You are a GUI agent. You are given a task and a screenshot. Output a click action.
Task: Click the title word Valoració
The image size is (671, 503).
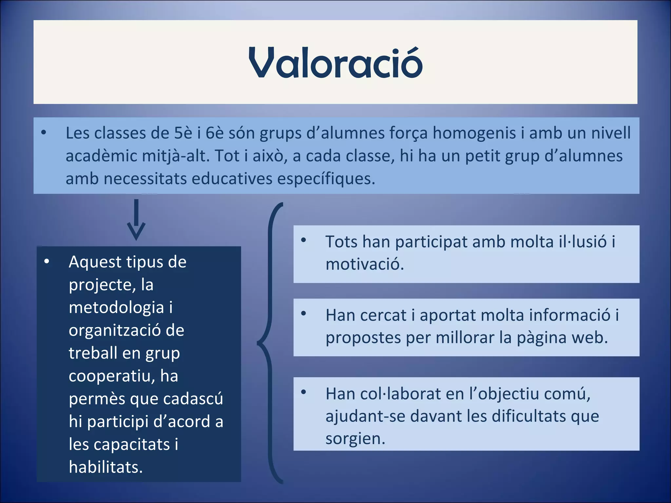click(335, 63)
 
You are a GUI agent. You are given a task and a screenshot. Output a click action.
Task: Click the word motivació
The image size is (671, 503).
click(365, 264)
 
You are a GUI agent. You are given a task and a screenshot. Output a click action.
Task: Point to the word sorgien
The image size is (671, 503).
click(355, 438)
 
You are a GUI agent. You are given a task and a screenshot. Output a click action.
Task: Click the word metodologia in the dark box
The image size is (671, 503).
click(116, 307)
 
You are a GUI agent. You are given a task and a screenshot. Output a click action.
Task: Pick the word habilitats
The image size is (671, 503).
click(105, 467)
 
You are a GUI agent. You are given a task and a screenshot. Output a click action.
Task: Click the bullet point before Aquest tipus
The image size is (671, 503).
click(47, 261)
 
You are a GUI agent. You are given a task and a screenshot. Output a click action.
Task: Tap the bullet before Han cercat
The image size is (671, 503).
click(303, 314)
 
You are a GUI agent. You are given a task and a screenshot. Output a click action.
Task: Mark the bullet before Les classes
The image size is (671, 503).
click(44, 133)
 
